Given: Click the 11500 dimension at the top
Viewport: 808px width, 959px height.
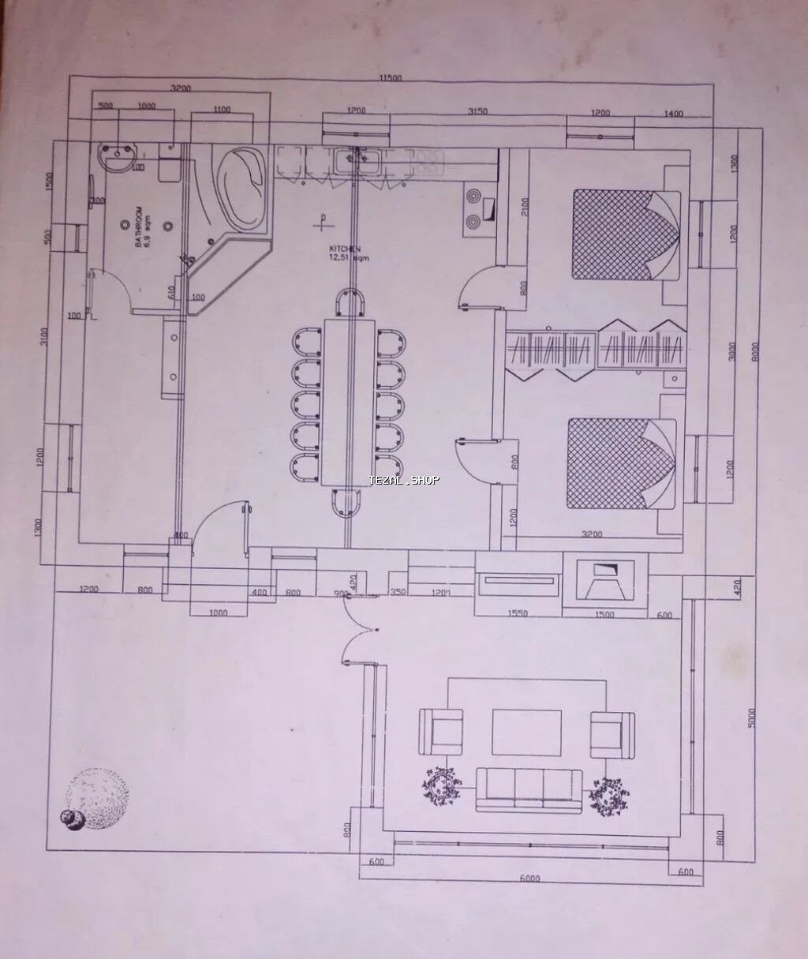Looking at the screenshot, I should click(x=391, y=77).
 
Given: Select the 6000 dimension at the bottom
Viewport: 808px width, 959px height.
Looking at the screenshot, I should click(x=529, y=878).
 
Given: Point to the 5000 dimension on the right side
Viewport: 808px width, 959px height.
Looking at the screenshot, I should click(x=752, y=717).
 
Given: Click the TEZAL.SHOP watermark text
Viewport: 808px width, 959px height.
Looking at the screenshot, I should click(x=404, y=480).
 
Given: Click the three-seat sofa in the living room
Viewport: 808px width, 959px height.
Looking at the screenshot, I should click(x=529, y=789).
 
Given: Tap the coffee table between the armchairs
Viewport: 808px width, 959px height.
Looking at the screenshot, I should click(x=527, y=732).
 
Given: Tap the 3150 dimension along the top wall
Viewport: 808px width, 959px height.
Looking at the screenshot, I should click(x=477, y=111).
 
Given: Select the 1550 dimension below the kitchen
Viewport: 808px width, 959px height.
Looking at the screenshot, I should click(x=518, y=613).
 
